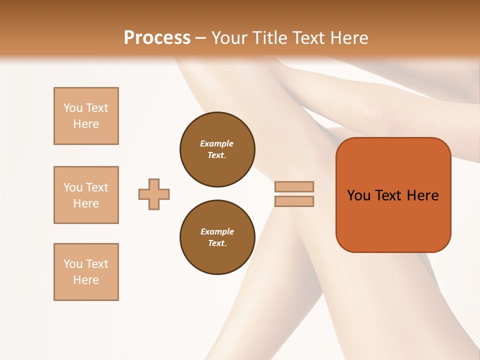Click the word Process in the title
pyautogui.click(x=157, y=38)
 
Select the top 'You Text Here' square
pyautogui.click(x=86, y=116)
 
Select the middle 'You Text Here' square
pyautogui.click(x=86, y=195)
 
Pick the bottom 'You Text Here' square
pyautogui.click(x=86, y=272)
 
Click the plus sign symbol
pyautogui.click(x=154, y=194)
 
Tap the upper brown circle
pyautogui.click(x=217, y=149)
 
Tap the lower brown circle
pyautogui.click(x=217, y=237)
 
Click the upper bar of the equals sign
pyautogui.click(x=294, y=186)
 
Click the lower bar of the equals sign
pyautogui.click(x=294, y=201)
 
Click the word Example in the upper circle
pyautogui.click(x=216, y=143)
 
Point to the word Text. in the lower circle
pyautogui.click(x=217, y=243)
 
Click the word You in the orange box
pyautogui.click(x=359, y=195)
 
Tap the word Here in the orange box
pyautogui.click(x=422, y=195)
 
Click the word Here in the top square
pyautogui.click(x=86, y=124)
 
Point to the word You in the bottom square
pyautogui.click(x=73, y=264)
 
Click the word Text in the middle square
pyautogui.click(x=97, y=187)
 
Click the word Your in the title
pyautogui.click(x=228, y=38)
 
